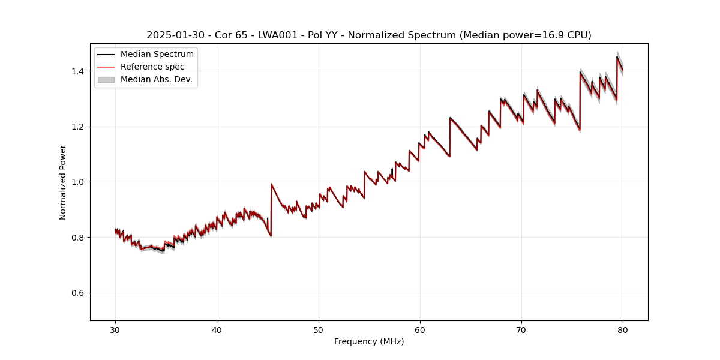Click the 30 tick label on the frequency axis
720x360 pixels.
[x=115, y=329]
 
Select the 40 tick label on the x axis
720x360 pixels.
[x=217, y=329]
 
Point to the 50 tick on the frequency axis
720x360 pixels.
[x=319, y=329]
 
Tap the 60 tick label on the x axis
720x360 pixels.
[x=420, y=329]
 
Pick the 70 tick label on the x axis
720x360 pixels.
[x=521, y=329]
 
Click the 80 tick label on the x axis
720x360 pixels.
[x=623, y=329]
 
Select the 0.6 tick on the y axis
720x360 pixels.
[x=79, y=293]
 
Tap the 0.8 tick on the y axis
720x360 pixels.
[x=79, y=238]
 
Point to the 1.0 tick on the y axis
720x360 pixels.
[x=79, y=182]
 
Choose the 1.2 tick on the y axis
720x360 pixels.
[x=79, y=127]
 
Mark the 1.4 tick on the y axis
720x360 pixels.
[x=79, y=71]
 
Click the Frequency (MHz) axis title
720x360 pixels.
[x=369, y=341]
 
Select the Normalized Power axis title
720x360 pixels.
[x=63, y=182]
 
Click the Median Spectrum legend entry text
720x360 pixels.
[x=157, y=55]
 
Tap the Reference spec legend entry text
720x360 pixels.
[x=152, y=67]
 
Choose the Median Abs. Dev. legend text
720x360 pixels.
[x=157, y=79]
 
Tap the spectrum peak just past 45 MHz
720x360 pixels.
[x=271, y=184]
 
